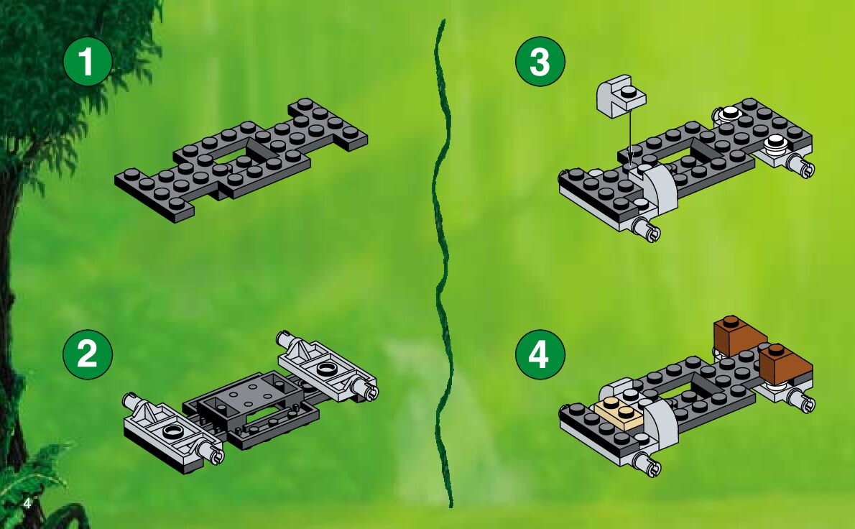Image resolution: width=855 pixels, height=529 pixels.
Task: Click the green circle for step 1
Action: [x=88, y=61]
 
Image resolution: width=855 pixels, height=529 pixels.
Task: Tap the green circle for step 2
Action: [x=88, y=354]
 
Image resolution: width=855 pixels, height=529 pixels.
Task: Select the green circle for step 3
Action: [x=540, y=61]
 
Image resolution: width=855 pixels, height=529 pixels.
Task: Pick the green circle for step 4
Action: [x=540, y=354]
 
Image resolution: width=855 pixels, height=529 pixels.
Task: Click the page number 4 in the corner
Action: [x=27, y=503]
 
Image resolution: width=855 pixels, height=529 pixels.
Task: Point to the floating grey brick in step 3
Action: [x=621, y=96]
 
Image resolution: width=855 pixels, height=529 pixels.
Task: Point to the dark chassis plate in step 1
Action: [x=240, y=160]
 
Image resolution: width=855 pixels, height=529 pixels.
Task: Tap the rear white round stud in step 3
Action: [x=729, y=114]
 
